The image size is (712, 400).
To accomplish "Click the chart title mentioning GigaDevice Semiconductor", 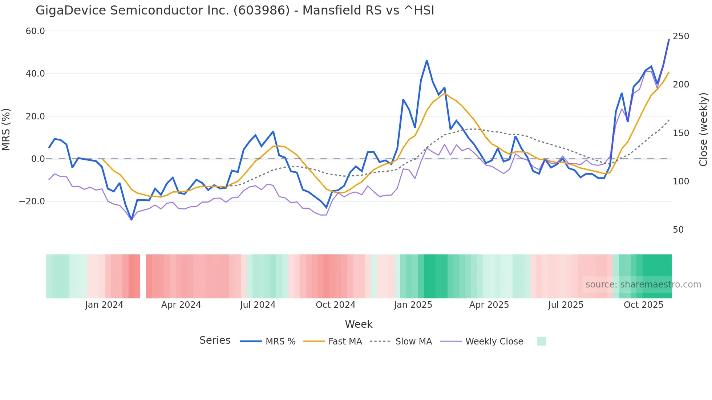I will pos(235,11).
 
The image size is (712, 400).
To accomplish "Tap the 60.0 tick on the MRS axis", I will pos(35,31).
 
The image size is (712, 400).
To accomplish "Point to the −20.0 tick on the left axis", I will pos(32,201).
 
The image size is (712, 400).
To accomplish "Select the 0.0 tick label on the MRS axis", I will pos(38,159).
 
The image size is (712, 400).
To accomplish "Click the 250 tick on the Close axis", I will pos(681,36).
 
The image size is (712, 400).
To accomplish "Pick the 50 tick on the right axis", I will pos(678,230).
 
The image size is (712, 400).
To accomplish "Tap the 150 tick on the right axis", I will pos(681,133).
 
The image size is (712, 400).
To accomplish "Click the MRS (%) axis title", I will pos(6,130).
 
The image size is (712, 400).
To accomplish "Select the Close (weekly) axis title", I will pos(703,130).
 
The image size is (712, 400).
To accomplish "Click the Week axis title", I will pos(359,324).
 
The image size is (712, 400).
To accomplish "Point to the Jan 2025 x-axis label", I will pos(413,305).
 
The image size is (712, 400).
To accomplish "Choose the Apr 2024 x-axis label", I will pos(181,305).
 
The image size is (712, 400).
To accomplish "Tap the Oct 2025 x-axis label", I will pos(643,305).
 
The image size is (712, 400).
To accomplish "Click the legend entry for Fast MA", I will pos(345,342).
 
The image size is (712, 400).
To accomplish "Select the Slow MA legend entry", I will pos(413,342).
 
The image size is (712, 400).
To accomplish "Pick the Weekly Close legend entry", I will pos(494,342).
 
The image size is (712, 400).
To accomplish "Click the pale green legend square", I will pos(541,341).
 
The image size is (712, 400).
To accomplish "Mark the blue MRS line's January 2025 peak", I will pos(427,61).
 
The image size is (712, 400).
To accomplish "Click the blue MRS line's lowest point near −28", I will pos(132,220).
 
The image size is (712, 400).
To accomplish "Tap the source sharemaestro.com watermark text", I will pos(643,285).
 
